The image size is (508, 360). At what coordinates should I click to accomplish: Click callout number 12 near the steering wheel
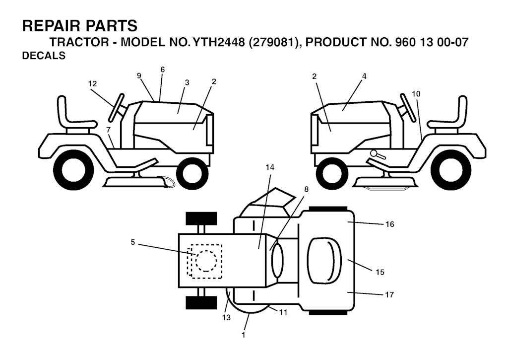(x=92, y=84)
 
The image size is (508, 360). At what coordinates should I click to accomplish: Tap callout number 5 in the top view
(x=132, y=242)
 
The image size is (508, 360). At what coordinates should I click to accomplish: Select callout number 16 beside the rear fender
(x=390, y=224)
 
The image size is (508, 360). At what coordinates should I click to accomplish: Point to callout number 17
(x=389, y=294)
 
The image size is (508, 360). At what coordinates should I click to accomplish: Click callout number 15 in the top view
(x=380, y=272)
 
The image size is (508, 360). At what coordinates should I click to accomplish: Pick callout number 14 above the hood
(x=269, y=167)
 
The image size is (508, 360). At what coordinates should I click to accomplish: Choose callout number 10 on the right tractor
(x=416, y=94)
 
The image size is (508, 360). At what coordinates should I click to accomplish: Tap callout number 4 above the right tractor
(x=364, y=76)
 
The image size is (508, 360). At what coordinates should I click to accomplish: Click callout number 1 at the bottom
(x=243, y=335)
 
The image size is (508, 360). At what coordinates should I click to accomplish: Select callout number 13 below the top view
(x=226, y=317)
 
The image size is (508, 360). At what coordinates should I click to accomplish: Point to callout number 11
(x=283, y=312)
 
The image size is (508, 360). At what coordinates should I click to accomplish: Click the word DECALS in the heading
(x=44, y=56)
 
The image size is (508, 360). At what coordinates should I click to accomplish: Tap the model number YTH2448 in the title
(x=219, y=42)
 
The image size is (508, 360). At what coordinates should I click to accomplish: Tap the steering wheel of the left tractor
(x=117, y=107)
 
